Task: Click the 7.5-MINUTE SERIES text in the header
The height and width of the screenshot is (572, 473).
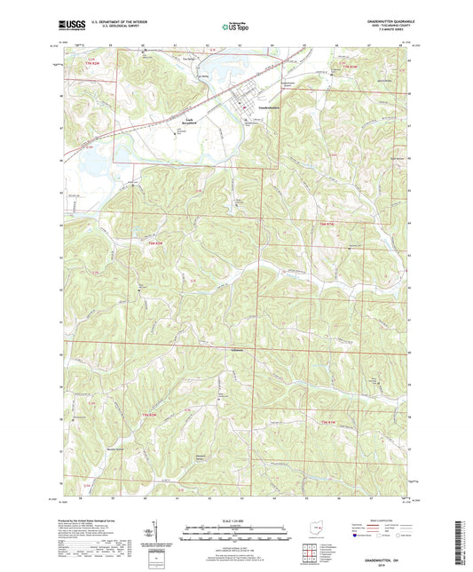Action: [x=396, y=33]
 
